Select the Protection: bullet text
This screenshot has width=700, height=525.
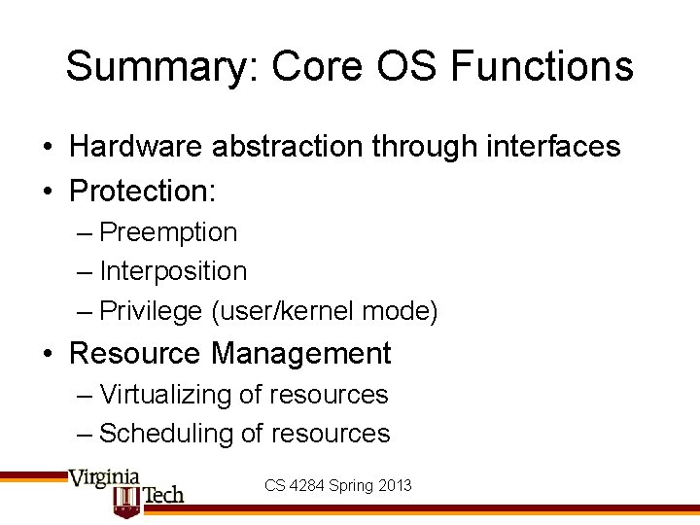(142, 192)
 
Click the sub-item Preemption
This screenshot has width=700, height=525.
(168, 233)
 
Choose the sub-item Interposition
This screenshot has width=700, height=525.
(173, 271)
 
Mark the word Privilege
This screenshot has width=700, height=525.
(152, 311)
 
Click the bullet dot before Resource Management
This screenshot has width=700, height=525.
(48, 354)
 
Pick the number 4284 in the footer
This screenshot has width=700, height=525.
(308, 484)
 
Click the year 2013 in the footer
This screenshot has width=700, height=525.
(395, 484)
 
